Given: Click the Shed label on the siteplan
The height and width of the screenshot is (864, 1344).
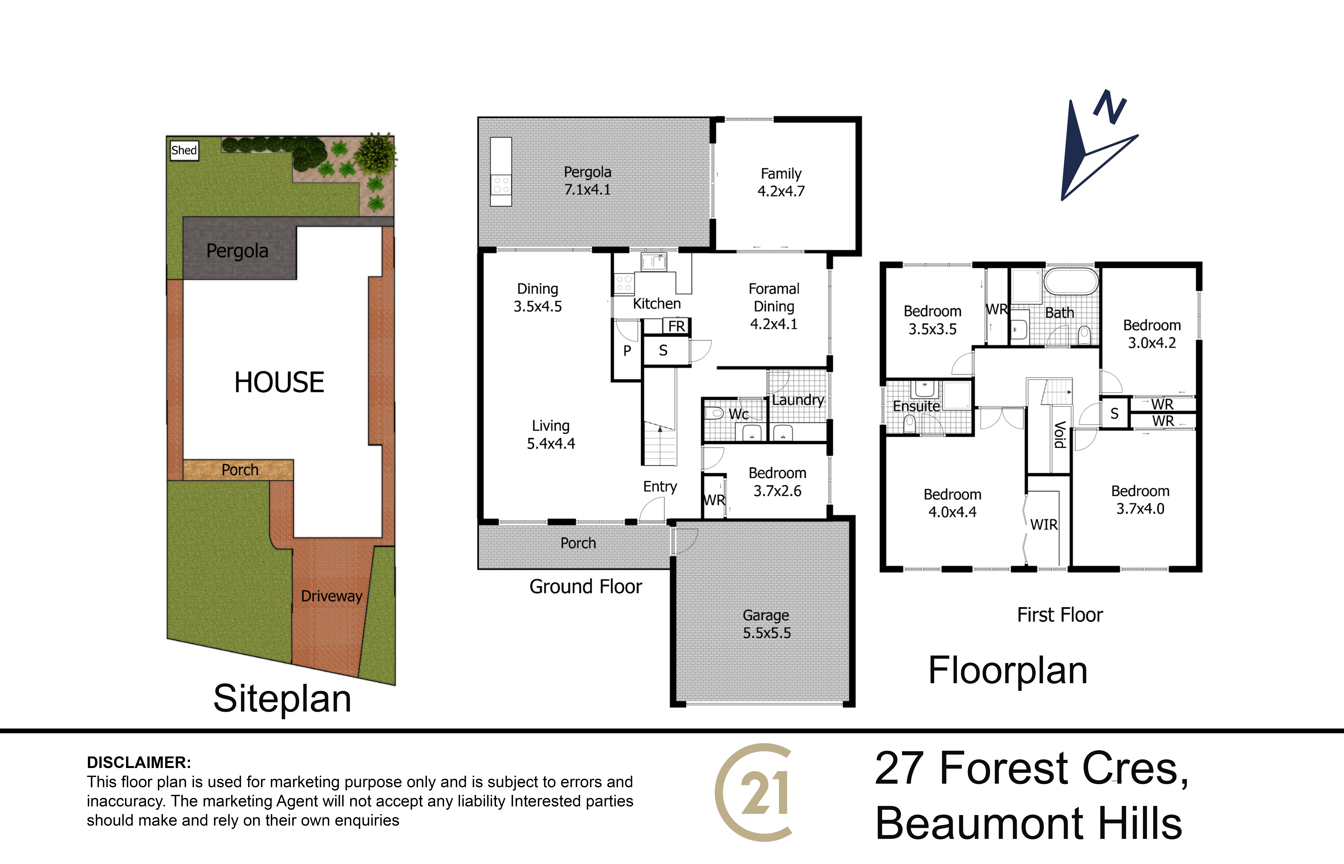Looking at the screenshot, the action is point(184,150).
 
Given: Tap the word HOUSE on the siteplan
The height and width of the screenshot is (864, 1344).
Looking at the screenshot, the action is point(279,383).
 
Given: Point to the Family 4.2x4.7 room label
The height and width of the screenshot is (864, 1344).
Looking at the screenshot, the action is point(781,182).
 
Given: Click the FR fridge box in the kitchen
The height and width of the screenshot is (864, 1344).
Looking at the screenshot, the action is point(676,326).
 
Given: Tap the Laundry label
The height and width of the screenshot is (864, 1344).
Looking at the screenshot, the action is point(798,400).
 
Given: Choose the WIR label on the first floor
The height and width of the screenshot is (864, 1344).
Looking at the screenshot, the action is point(1044,525).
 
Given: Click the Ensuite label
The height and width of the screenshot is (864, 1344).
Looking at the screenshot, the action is point(916,406).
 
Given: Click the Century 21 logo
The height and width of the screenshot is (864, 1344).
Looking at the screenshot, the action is point(753,792).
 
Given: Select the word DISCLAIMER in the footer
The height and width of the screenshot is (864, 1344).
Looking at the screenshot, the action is point(139,762).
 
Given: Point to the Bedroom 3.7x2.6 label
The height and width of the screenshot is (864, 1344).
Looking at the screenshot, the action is point(777,482).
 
